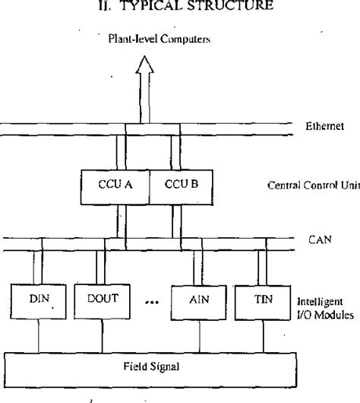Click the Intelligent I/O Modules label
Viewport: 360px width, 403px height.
pyautogui.click(x=324, y=307)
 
